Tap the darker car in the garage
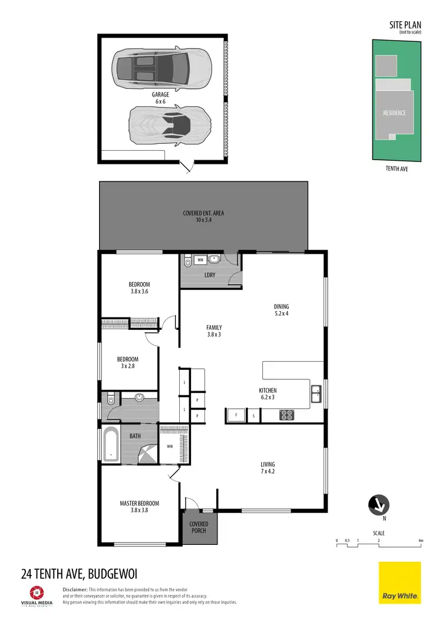click(161, 65)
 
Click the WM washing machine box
click(200, 259)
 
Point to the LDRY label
click(209, 276)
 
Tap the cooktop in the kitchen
click(286, 415)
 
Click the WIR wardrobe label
click(170, 445)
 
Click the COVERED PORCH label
click(199, 527)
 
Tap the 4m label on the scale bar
click(420, 540)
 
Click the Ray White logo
click(400, 583)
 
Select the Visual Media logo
click(38, 595)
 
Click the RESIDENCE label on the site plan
click(395, 113)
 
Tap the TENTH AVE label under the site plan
click(396, 168)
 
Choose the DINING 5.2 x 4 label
click(282, 310)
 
